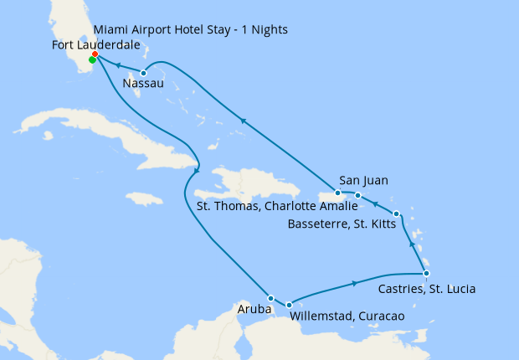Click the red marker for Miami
tap(95, 54)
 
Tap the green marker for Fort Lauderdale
tap(91, 59)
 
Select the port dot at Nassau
tap(144, 73)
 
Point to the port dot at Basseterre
tap(396, 213)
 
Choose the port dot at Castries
tap(426, 274)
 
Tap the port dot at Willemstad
tap(289, 305)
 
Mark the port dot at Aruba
tap(270, 298)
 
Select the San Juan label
tap(364, 180)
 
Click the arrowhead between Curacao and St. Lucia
tap(356, 284)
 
